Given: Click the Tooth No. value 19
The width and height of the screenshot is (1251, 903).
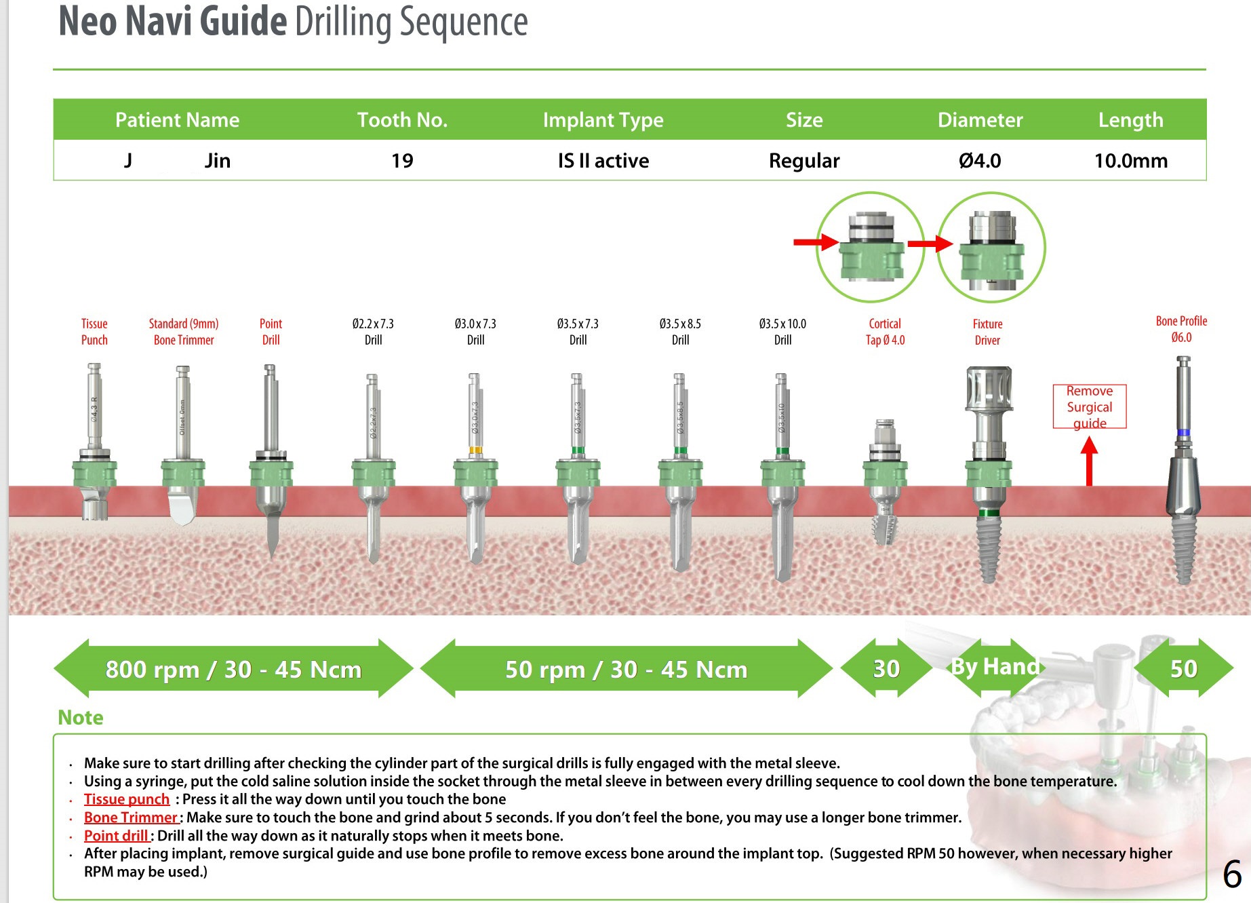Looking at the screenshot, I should click(402, 161).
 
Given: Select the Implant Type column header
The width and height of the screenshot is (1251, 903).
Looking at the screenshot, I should click(603, 120).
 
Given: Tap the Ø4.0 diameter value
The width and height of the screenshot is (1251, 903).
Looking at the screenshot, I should click(980, 161).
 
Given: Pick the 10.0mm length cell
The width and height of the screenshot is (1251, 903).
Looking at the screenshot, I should click(1130, 161).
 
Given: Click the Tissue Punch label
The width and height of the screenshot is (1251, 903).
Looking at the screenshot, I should click(94, 332).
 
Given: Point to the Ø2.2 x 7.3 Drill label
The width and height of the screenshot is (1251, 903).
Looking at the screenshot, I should click(373, 332).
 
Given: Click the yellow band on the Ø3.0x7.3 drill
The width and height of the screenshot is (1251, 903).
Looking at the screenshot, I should click(475, 450).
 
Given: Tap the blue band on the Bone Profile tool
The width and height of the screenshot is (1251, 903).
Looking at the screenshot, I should click(1184, 432).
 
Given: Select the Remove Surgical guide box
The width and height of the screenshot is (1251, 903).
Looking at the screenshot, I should click(1089, 406).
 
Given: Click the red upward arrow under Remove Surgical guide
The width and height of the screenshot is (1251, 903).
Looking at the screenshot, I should click(1089, 461).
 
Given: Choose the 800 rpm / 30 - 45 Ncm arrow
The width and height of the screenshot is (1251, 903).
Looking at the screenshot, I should click(233, 669).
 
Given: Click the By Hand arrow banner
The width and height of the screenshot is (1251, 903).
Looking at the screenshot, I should click(995, 667).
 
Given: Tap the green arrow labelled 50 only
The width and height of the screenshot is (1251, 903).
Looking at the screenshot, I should click(1183, 668).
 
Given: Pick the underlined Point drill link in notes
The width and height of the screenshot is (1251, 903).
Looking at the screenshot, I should click(116, 836).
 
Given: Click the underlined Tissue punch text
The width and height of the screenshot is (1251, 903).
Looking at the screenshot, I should click(126, 799).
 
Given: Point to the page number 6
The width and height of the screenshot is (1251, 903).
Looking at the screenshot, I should click(1232, 874).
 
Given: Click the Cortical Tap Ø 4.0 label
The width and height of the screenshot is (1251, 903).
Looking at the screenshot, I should click(885, 332).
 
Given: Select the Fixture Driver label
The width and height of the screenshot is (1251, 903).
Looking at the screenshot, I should click(987, 332).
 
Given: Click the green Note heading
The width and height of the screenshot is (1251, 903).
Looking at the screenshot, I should click(81, 717).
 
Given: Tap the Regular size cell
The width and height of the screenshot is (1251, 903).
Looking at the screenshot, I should click(804, 161).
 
